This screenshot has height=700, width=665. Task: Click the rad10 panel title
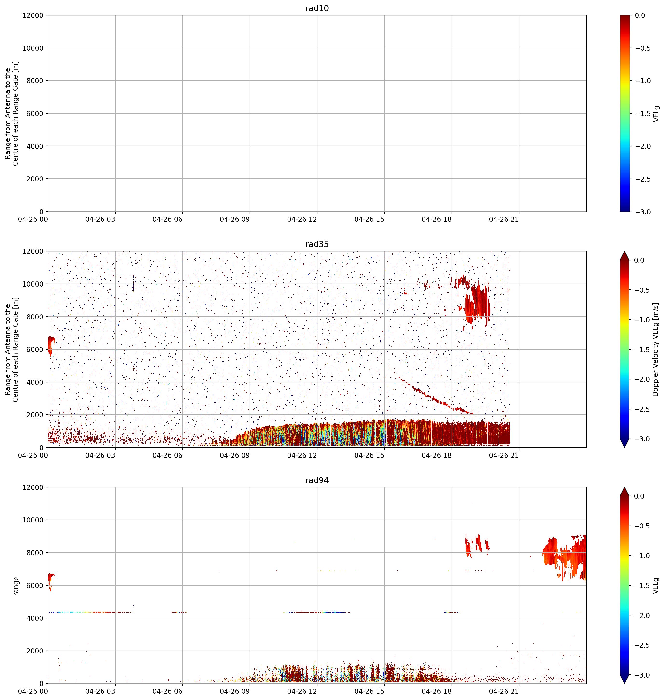point(317,8)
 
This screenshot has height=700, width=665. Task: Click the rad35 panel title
point(317,244)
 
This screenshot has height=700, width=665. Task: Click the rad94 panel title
point(317,480)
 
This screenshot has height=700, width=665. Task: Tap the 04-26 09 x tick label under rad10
point(235,220)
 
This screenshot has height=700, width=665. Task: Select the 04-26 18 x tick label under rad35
point(437,455)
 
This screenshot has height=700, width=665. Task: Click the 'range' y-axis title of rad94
point(16,585)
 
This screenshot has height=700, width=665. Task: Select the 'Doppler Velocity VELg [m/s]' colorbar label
point(656,350)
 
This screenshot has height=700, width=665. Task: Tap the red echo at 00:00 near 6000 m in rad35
point(51,346)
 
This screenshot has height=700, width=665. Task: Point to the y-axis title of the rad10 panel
point(12,113)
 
